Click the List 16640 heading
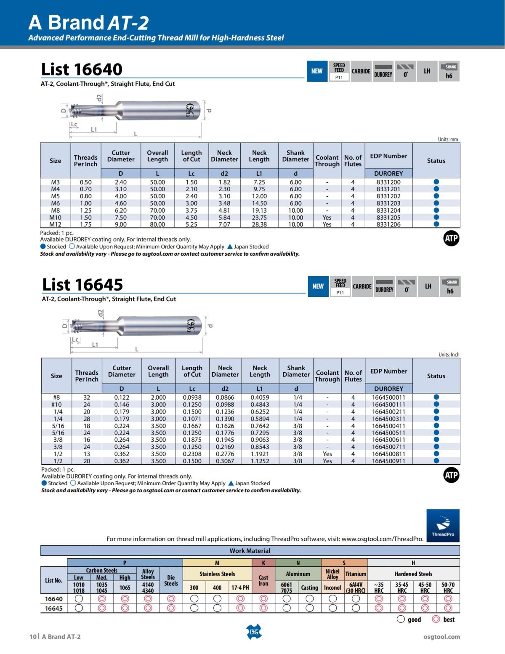(x=82, y=69)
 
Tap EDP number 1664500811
(x=388, y=454)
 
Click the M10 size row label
(x=55, y=218)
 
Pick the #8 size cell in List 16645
(x=56, y=397)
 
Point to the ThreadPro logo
(x=443, y=526)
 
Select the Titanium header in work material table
(x=356, y=574)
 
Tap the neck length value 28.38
(x=259, y=224)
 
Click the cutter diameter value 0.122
(x=122, y=397)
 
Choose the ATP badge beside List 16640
(x=451, y=239)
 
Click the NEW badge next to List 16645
(x=318, y=286)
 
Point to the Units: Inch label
(x=449, y=355)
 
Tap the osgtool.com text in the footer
(x=441, y=637)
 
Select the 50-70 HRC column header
(x=448, y=587)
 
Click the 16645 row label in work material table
(x=53, y=608)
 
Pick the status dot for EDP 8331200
(x=436, y=182)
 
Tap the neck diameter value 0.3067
(x=225, y=461)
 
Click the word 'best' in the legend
(x=449, y=619)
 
